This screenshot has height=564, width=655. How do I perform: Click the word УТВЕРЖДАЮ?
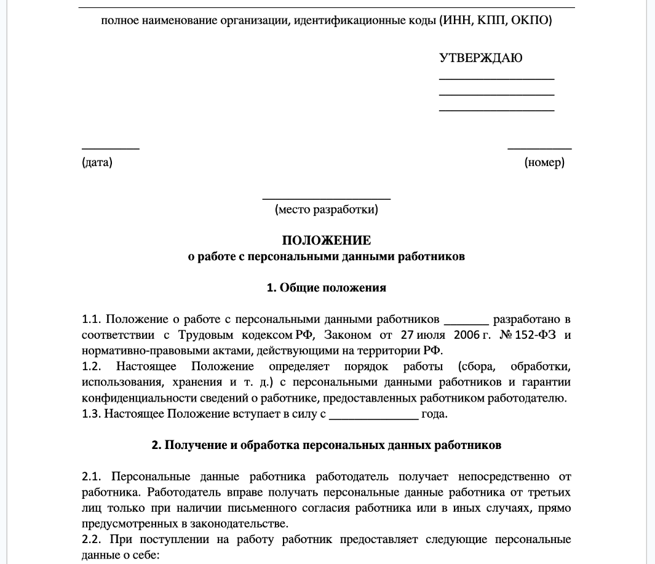[481, 58]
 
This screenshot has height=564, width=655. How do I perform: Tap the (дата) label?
[97, 163]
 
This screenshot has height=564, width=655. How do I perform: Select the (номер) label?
[544, 163]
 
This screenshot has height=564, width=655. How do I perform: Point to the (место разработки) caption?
[327, 210]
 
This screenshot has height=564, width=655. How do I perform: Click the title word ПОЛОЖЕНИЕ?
[327, 240]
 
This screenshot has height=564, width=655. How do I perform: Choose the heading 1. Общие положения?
[327, 287]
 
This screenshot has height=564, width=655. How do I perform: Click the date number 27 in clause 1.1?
[407, 336]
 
